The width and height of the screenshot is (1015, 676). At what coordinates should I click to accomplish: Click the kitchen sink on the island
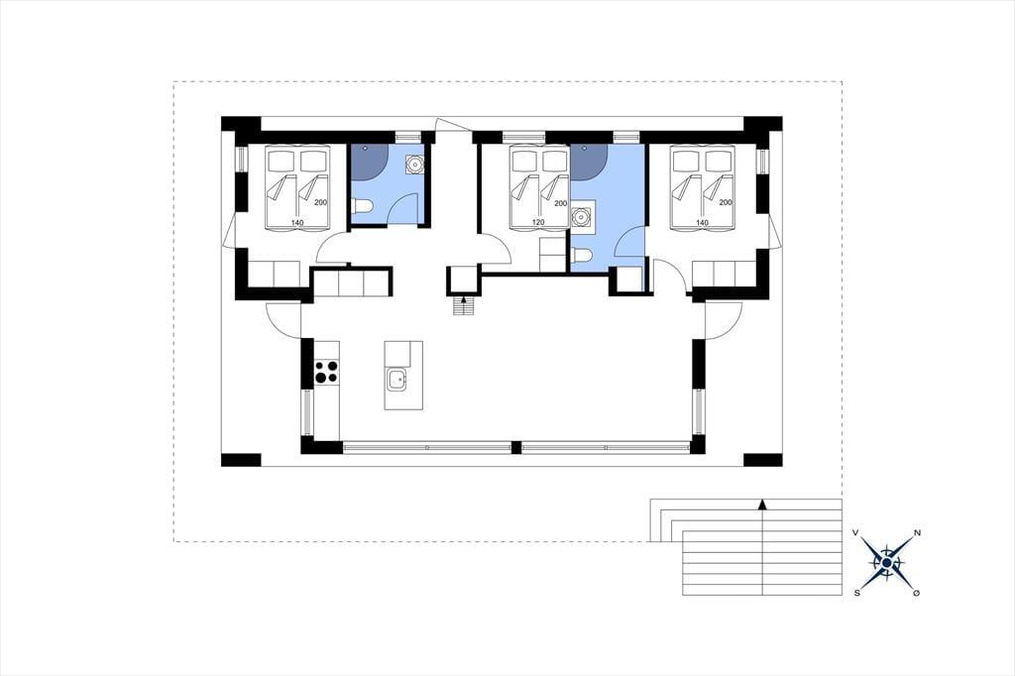pyautogui.click(x=396, y=380)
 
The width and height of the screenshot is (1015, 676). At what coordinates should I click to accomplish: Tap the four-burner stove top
pyautogui.click(x=327, y=372)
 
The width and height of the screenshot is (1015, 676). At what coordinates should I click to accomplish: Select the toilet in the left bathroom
pyautogui.click(x=362, y=206)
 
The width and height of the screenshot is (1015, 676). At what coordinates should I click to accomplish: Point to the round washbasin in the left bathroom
pyautogui.click(x=412, y=166)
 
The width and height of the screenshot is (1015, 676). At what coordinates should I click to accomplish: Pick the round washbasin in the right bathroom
pyautogui.click(x=583, y=216)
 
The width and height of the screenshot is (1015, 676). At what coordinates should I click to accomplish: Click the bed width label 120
pyautogui.click(x=538, y=222)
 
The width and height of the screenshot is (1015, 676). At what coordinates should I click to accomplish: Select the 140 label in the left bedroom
pyautogui.click(x=297, y=223)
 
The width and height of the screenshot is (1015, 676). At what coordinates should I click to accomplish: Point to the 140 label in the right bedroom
pyautogui.click(x=703, y=223)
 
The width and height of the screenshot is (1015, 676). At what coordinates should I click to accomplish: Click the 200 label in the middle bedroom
pyautogui.click(x=561, y=203)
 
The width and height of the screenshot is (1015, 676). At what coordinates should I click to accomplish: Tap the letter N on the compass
pyautogui.click(x=917, y=533)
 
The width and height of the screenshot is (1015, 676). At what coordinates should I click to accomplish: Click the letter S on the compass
pyautogui.click(x=857, y=593)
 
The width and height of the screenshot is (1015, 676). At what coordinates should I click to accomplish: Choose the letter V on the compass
pyautogui.click(x=855, y=533)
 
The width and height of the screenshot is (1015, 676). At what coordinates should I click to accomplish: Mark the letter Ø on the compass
pyautogui.click(x=916, y=593)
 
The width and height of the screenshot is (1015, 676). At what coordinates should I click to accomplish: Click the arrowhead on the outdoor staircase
pyautogui.click(x=763, y=504)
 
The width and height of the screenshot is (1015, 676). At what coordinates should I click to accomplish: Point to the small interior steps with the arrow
pyautogui.click(x=464, y=305)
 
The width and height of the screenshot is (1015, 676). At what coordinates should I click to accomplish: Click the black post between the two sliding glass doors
pyautogui.click(x=515, y=447)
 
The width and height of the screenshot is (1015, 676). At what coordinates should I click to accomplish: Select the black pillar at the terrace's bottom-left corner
pyautogui.click(x=241, y=460)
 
